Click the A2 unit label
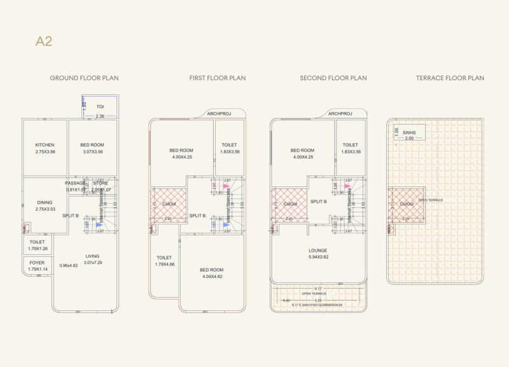[x=44, y=42]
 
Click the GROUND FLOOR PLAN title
[x=84, y=78]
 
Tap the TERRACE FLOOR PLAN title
[x=450, y=78]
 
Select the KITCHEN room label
[x=45, y=145]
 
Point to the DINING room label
[x=45, y=203]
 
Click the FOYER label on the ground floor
[x=37, y=262]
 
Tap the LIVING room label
[x=93, y=256]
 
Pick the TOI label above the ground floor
[x=100, y=106]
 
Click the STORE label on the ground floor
[x=101, y=183]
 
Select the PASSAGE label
[x=75, y=183]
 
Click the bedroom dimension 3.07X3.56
[x=93, y=152]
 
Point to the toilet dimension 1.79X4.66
[x=164, y=264]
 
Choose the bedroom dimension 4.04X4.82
[x=211, y=277]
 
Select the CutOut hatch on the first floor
[x=169, y=204]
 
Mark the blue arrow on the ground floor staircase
[x=99, y=225]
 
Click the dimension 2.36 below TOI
[x=100, y=116]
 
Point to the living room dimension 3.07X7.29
[x=94, y=263]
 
